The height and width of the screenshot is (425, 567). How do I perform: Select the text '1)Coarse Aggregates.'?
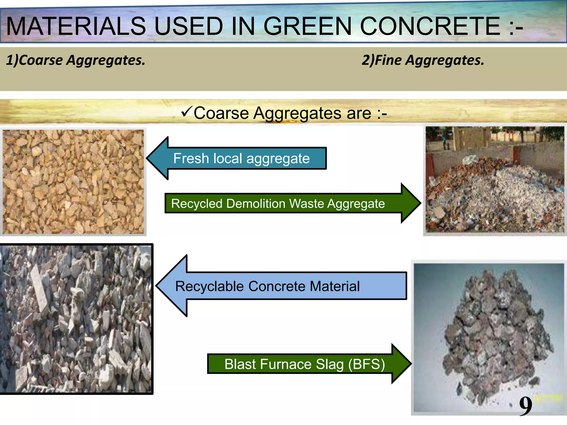coord(76,60)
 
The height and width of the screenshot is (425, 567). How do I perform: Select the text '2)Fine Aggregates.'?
coord(423,60)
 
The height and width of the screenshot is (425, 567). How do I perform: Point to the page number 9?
coord(525,406)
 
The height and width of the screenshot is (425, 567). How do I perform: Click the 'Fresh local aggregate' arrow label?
coord(241,159)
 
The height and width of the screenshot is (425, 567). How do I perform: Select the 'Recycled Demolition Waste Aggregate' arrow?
coord(278,204)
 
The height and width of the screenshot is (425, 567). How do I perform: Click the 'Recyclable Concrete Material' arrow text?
coord(267,286)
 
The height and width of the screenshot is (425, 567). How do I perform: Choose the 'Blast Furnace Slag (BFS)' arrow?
coord(305,364)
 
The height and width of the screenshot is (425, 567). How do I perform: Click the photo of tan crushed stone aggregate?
coord(73,182)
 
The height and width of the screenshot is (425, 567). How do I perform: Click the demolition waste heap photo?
coord(495,180)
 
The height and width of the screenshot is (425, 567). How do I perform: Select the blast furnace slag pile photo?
coord(489,338)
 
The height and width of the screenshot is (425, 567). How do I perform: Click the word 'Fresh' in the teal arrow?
coord(191,159)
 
